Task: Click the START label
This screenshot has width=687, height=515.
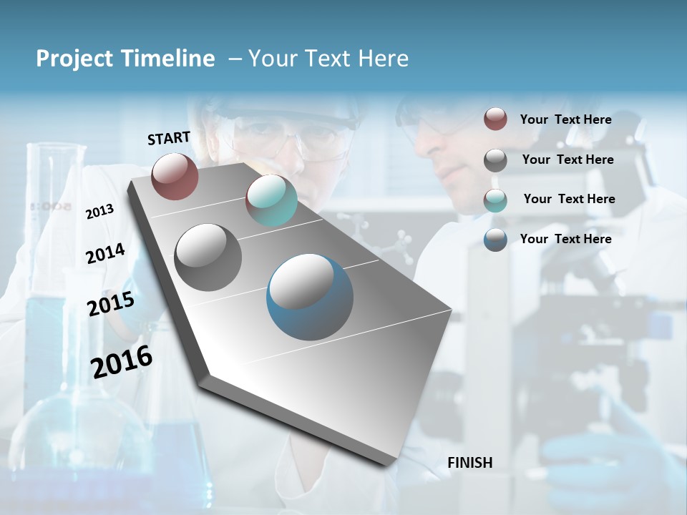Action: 169,138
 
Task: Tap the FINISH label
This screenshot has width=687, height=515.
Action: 470,463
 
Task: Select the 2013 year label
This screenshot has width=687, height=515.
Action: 99,211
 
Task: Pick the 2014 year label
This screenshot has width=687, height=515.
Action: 105,254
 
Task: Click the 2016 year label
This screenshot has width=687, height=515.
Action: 122,362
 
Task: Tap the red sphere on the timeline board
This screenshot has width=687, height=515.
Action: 175,176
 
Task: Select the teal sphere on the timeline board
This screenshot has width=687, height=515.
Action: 271,200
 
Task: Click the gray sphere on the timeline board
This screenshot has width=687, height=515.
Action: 208,257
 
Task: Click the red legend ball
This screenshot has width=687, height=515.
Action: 495,119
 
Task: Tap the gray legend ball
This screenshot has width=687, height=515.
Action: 495,160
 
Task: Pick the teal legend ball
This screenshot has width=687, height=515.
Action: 495,200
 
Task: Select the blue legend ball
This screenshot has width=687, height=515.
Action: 495,240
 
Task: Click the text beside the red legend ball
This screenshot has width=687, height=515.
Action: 565,119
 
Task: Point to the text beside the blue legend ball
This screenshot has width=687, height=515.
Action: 565,239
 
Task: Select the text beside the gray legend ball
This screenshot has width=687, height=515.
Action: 567,160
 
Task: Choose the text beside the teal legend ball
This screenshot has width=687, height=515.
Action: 569,199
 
